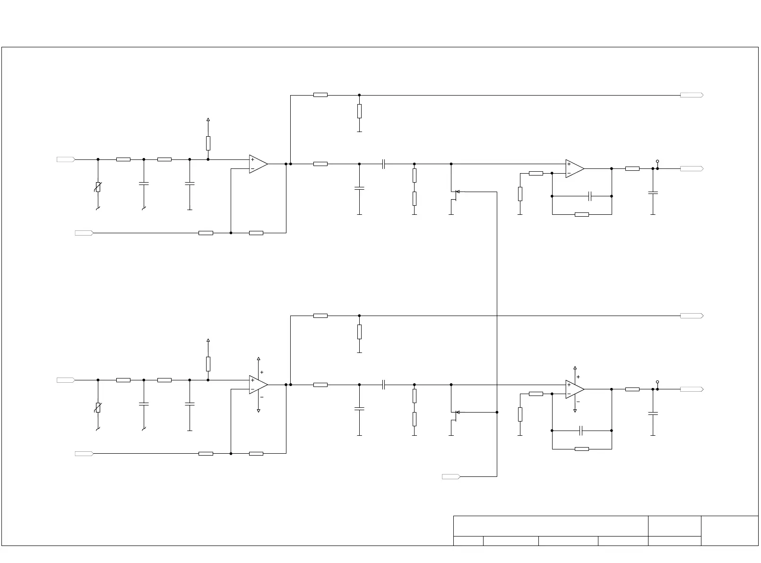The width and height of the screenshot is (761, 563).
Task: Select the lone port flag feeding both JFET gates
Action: point(451,476)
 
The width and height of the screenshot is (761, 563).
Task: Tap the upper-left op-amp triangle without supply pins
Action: point(258,164)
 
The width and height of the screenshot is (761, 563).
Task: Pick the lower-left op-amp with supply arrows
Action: point(258,385)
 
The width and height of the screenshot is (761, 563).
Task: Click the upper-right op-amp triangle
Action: point(574,168)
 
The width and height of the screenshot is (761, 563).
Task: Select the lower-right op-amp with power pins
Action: point(574,389)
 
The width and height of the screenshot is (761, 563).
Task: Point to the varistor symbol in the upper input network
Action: point(98,187)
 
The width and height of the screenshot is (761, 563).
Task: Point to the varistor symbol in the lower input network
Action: point(98,408)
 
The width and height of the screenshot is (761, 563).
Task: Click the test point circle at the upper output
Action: point(657,161)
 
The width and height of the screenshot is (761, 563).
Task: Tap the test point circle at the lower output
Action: point(657,382)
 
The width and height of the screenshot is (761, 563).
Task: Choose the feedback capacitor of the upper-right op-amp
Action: point(590,196)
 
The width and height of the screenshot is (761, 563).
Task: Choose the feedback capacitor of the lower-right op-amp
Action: point(581,431)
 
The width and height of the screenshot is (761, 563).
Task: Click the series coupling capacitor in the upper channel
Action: point(384,164)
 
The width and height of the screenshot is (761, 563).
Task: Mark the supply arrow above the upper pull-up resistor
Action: point(208,120)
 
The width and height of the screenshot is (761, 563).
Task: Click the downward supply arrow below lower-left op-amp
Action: point(259,411)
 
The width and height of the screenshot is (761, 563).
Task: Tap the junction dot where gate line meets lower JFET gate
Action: point(497,412)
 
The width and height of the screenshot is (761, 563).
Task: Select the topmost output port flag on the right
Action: point(692,95)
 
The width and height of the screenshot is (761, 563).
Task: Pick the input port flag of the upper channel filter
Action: point(66,159)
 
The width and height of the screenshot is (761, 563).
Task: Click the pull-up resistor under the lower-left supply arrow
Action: point(208,364)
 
